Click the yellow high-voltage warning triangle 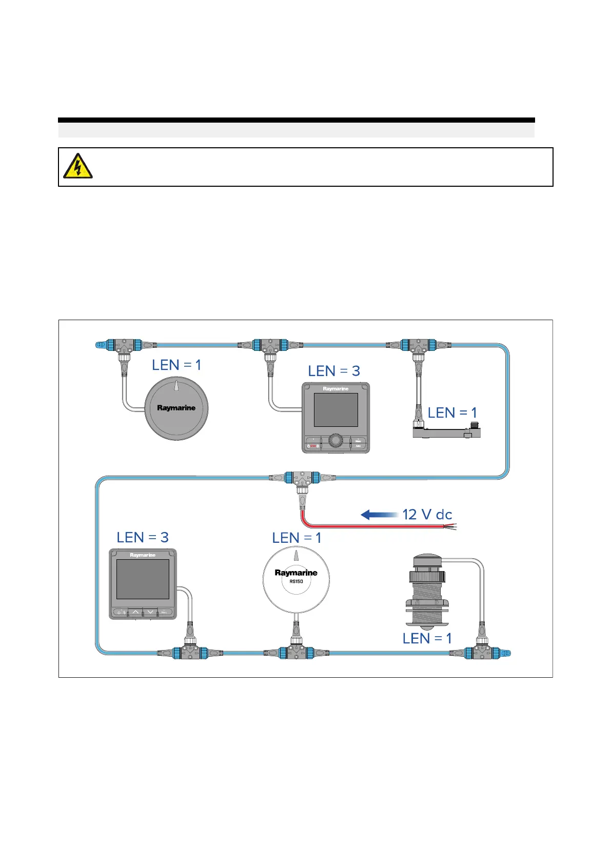tap(77, 166)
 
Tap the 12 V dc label tap(427, 515)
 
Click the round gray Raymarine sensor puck tap(176, 408)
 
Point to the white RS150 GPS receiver tap(296, 578)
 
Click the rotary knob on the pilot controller tap(336, 440)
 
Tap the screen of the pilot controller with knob tap(336, 410)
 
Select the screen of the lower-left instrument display tap(143, 579)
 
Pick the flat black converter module tap(446, 433)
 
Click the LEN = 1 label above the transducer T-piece tap(427, 639)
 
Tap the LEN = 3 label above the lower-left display tap(143, 538)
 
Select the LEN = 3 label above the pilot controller tap(334, 371)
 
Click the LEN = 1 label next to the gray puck tap(176, 365)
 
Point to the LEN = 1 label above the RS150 tap(297, 538)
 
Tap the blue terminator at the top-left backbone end tap(101, 345)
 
